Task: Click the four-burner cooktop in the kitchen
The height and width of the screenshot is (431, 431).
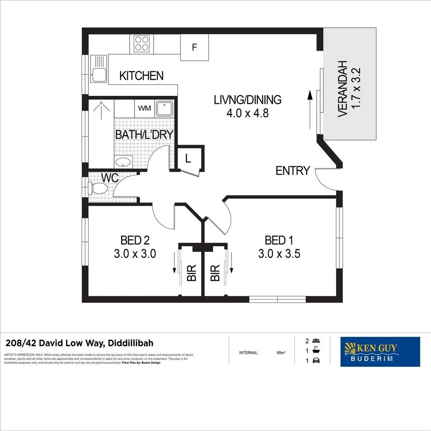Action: (142, 43)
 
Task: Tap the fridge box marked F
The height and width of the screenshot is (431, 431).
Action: (194, 47)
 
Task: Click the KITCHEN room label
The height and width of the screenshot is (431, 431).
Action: (141, 76)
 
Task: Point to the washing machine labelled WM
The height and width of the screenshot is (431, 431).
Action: (144, 108)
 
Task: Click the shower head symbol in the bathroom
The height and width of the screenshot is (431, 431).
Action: (101, 107)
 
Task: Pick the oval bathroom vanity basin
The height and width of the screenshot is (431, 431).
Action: (123, 162)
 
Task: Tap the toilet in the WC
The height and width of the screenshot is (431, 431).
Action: (97, 188)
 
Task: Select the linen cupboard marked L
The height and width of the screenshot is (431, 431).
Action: (188, 158)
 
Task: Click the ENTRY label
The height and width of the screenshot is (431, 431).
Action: (293, 171)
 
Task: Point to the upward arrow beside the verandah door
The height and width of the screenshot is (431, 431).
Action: (309, 110)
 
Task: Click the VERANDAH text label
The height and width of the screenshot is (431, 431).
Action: (343, 89)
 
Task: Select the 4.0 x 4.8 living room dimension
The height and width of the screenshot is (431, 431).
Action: (247, 113)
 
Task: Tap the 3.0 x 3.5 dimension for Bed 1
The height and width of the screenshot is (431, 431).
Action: (279, 253)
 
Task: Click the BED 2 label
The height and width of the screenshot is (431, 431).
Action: (135, 240)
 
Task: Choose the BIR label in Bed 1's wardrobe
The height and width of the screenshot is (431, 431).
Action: (215, 273)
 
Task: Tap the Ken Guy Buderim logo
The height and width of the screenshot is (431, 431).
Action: (380, 352)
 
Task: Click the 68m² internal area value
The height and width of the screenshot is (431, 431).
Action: (281, 353)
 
